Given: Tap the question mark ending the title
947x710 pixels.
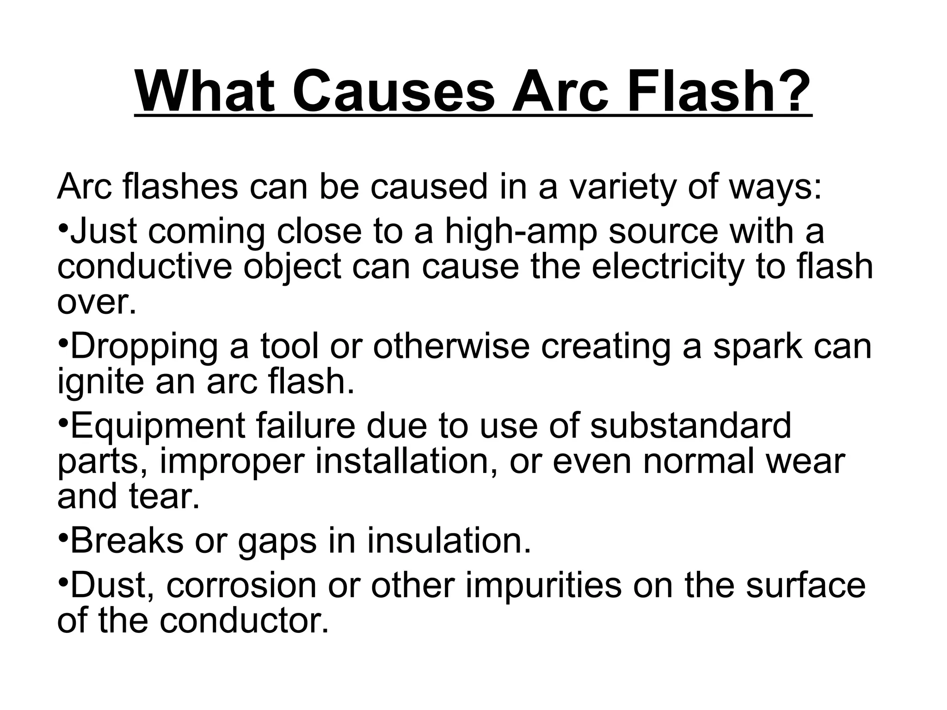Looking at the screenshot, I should [792, 92].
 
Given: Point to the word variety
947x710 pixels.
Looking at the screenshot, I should [622, 187].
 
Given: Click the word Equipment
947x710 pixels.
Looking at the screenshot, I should [158, 426].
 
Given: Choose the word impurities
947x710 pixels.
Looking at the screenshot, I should [543, 586].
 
